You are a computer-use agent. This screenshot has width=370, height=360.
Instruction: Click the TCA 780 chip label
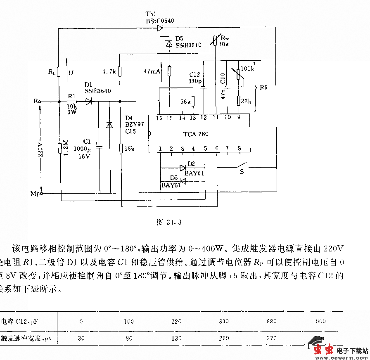click(x=196, y=134)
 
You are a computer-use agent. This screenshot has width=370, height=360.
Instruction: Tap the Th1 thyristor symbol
click(x=160, y=28)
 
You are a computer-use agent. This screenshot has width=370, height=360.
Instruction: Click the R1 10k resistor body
click(x=72, y=101)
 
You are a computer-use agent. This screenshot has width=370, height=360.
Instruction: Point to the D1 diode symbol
click(x=88, y=101)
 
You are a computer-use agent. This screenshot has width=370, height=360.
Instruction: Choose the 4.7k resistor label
click(x=109, y=72)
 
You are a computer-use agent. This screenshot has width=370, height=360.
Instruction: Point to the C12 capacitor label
click(x=194, y=74)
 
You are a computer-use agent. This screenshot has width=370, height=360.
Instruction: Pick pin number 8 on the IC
click(x=238, y=149)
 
